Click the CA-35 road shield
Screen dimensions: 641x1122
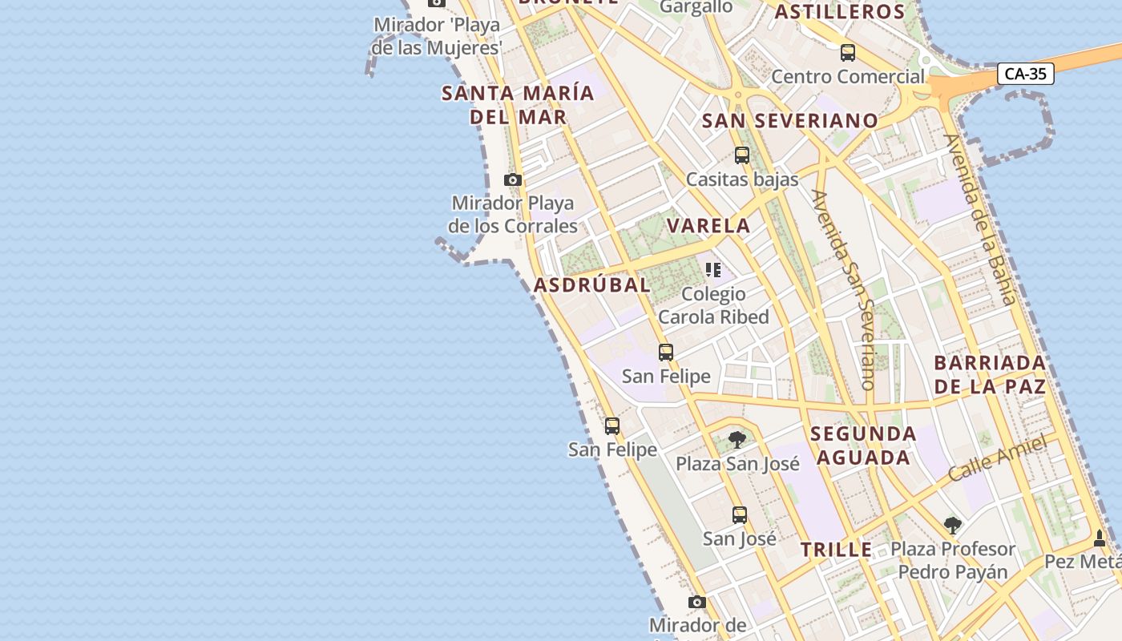click(1026, 75)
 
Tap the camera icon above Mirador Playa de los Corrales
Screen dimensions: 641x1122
click(513, 180)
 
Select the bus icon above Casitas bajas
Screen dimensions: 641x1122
click(742, 155)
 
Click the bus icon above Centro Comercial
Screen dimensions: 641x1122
click(848, 54)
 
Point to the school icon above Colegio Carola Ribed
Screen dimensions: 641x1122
click(713, 270)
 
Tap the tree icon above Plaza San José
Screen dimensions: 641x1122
click(737, 440)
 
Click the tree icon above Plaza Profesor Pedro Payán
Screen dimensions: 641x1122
click(953, 526)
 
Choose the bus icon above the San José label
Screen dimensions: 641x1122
click(740, 515)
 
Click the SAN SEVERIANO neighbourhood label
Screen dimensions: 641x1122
click(790, 121)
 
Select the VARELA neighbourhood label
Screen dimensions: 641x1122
click(709, 226)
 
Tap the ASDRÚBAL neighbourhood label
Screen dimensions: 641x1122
click(592, 285)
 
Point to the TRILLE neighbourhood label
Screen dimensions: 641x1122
click(837, 550)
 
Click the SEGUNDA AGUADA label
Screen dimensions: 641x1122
click(862, 445)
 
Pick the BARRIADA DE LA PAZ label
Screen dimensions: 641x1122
click(990, 374)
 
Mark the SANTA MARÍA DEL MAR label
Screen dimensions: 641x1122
click(519, 105)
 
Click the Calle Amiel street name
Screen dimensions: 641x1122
click(998, 459)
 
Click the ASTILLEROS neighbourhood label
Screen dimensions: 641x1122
click(840, 12)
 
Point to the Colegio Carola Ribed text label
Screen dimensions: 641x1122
click(713, 305)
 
